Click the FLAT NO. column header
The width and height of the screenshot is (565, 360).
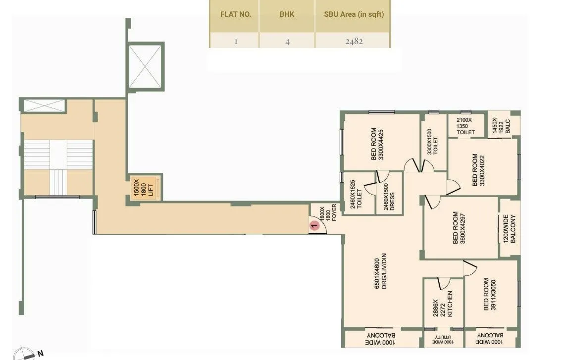tap(236, 14)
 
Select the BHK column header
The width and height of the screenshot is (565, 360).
tap(287, 14)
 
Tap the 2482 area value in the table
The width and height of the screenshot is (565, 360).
tap(354, 41)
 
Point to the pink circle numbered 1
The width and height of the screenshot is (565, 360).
tap(314, 226)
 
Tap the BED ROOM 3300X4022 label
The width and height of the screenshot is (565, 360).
tap(479, 170)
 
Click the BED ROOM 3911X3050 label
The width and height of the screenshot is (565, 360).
tap(490, 295)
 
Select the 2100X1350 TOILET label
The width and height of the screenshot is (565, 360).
tap(465, 126)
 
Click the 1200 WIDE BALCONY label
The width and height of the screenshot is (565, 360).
tap(510, 229)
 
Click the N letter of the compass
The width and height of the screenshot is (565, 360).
tap(41, 353)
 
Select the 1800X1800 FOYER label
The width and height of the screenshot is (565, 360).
tap(327, 213)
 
